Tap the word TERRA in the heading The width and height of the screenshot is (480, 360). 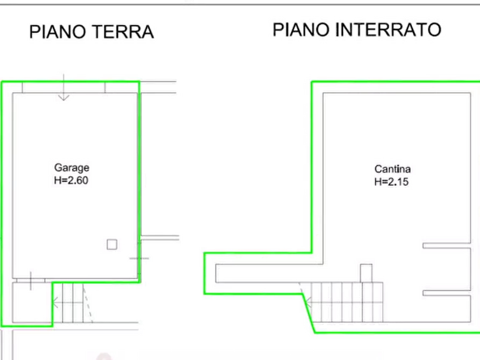(x=123, y=32)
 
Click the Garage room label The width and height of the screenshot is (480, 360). (x=71, y=168)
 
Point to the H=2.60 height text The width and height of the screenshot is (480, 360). (x=71, y=181)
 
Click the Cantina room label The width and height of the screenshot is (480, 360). (x=392, y=169)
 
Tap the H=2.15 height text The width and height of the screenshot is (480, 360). (x=391, y=182)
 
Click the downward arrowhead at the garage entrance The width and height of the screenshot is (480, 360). (x=63, y=98)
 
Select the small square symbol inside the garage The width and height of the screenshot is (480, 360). (x=112, y=244)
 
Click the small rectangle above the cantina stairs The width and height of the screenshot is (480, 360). (x=366, y=273)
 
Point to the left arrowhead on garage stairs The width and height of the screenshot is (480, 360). (x=55, y=303)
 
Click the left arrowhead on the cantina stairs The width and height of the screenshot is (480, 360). (x=309, y=303)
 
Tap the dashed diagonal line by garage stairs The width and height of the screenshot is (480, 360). (x=88, y=304)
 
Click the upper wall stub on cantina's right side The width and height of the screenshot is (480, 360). (x=447, y=246)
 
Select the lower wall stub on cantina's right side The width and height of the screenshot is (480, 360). (x=447, y=293)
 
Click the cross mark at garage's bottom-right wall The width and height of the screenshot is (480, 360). (x=139, y=258)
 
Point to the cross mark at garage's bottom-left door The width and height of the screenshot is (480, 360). (x=31, y=280)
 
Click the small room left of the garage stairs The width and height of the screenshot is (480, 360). (x=32, y=302)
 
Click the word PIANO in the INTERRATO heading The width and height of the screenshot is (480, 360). (x=301, y=30)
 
